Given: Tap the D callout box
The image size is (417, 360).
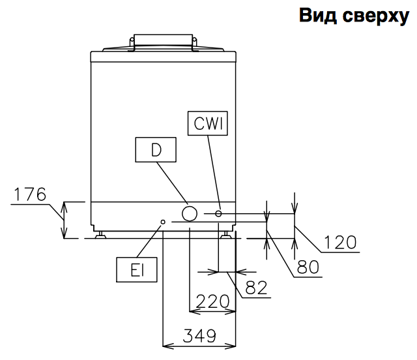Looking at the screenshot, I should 156,150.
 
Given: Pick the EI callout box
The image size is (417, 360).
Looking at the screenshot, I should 136,270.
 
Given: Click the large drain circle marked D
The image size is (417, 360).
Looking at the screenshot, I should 190,213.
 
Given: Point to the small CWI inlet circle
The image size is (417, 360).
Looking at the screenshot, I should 219,213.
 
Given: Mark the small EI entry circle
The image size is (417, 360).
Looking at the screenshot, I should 163,222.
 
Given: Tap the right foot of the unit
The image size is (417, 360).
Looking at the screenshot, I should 225,234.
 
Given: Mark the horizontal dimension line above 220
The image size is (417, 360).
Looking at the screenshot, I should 212,311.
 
